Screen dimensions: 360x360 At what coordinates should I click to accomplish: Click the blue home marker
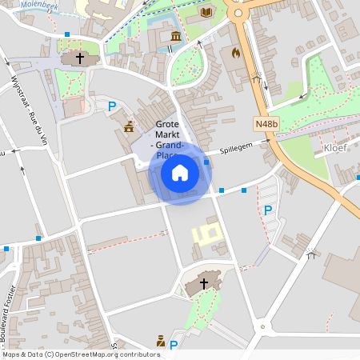tap(180, 173)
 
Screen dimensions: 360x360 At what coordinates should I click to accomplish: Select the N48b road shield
tap(266, 124)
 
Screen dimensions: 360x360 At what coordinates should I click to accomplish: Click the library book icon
tap(207, 12)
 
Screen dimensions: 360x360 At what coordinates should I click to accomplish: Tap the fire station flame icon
tap(235, 53)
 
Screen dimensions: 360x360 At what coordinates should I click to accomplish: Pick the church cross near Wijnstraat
tap(79, 58)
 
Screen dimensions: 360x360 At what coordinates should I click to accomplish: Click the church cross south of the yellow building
tap(203, 283)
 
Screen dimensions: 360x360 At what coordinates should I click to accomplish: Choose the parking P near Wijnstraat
tap(112, 106)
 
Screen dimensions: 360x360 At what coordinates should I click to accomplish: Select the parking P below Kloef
tap(268, 210)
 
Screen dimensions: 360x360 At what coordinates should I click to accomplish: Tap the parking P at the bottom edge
tap(173, 345)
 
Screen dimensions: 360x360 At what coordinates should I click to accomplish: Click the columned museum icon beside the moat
tap(175, 37)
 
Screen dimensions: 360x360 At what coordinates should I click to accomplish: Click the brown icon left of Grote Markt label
tap(129, 126)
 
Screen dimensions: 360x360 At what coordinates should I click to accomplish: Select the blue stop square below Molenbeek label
tap(67, 34)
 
